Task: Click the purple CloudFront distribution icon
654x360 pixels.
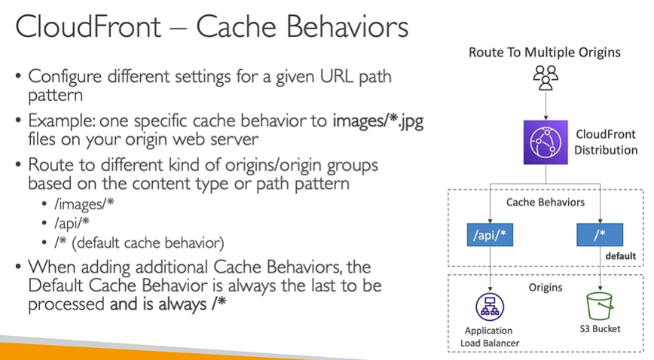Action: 545,142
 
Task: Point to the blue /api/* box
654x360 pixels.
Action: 490,235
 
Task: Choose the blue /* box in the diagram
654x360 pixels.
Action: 599,235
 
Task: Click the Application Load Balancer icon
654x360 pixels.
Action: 490,307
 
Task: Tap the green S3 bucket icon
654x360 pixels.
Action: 598,307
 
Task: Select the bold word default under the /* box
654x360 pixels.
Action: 620,257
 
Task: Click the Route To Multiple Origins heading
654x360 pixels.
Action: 545,52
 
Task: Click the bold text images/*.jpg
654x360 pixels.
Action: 377,122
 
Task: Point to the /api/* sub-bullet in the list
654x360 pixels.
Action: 72,224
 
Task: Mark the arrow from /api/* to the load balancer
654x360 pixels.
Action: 490,269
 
